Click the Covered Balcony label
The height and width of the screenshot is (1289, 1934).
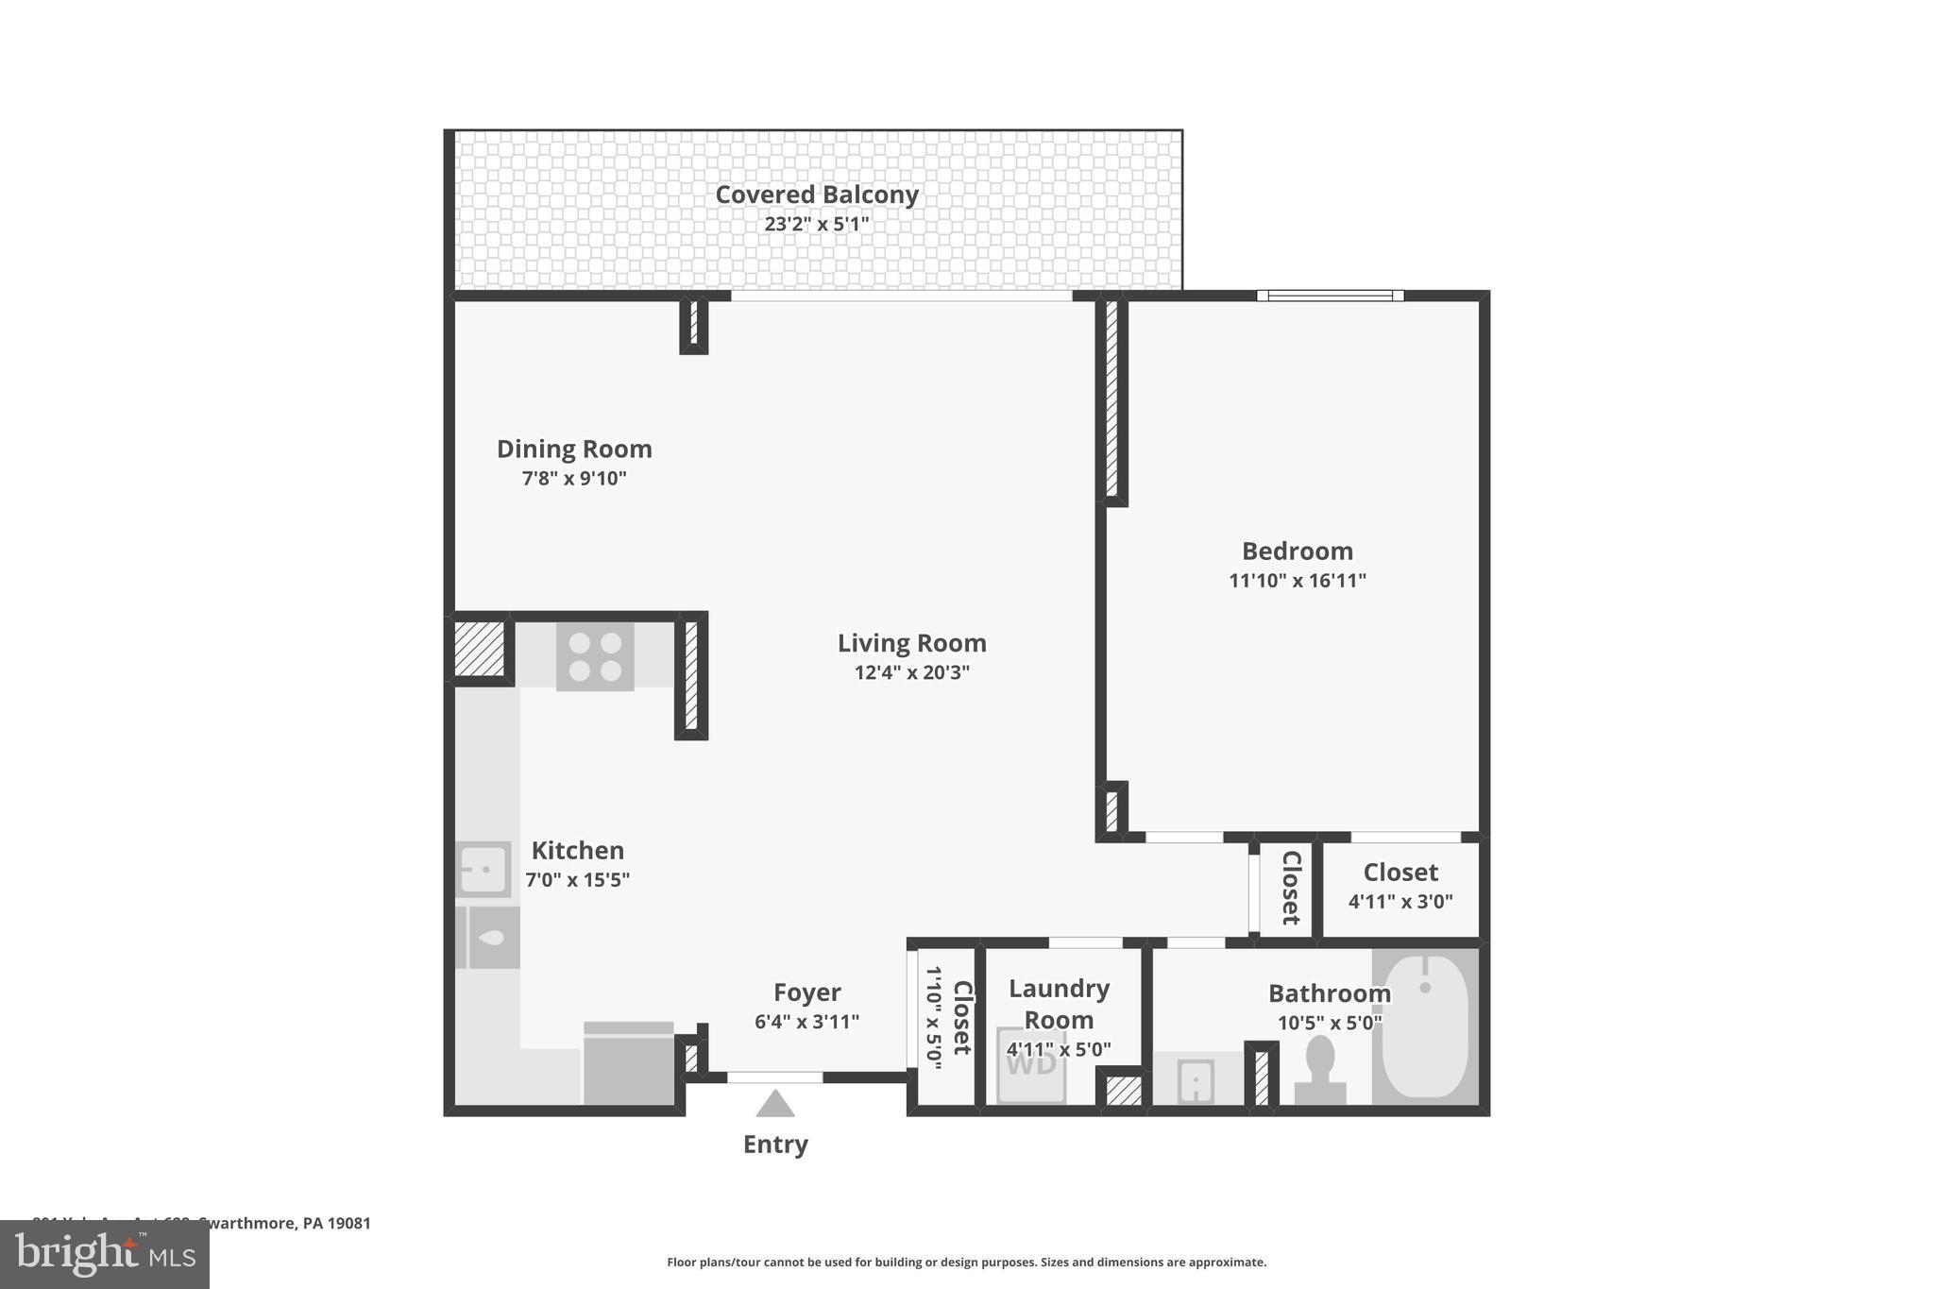(x=817, y=195)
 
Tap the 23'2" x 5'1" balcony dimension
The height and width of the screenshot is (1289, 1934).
(x=817, y=225)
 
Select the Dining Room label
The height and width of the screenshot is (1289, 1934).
(x=574, y=449)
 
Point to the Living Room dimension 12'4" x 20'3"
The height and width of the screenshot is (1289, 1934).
(x=911, y=672)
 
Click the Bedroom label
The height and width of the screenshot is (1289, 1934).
(x=1297, y=551)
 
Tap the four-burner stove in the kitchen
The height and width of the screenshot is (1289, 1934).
(x=595, y=656)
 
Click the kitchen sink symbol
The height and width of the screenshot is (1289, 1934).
(x=483, y=868)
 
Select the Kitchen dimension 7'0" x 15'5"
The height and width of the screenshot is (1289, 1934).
(x=577, y=880)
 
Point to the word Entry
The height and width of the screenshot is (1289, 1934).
(x=775, y=1145)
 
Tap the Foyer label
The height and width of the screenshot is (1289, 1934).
(x=806, y=992)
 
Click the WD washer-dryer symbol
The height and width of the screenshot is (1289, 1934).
(x=1031, y=1064)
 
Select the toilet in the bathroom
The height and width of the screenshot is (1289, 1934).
(x=1319, y=1070)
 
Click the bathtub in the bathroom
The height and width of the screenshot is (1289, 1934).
(x=1425, y=1025)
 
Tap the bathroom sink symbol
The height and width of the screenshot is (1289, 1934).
(x=1196, y=1079)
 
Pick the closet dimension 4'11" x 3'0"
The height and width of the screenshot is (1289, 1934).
(x=1400, y=902)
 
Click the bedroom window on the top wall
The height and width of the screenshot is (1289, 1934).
(x=1330, y=296)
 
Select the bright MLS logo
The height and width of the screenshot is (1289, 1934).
(x=105, y=1254)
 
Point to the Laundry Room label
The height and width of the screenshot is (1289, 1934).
(x=1059, y=1004)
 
